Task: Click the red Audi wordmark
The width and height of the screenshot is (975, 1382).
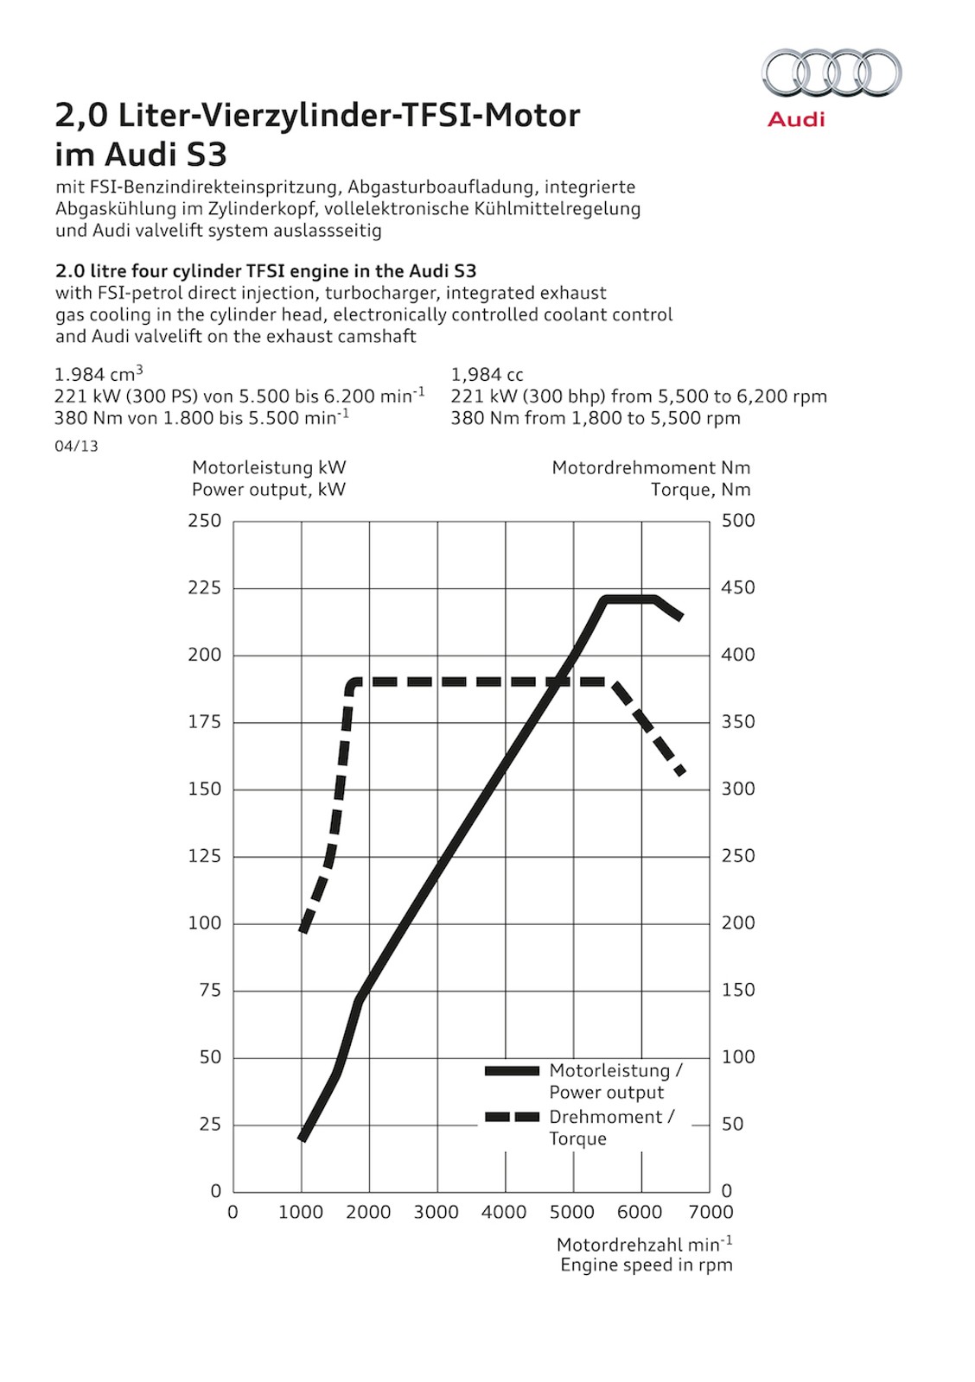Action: (796, 118)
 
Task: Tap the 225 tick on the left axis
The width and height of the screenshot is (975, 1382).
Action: (205, 588)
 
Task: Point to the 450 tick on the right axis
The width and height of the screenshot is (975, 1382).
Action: (738, 588)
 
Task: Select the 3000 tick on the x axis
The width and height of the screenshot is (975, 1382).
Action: (437, 1213)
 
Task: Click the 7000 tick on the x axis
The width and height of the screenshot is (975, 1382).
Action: (710, 1213)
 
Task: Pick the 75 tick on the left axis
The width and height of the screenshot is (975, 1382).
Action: (210, 991)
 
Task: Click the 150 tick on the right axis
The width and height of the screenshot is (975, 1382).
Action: (738, 991)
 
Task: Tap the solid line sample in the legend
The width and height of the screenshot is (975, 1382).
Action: (513, 1071)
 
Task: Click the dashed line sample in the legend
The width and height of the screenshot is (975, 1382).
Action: (513, 1117)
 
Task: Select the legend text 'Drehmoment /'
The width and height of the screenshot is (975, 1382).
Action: (612, 1117)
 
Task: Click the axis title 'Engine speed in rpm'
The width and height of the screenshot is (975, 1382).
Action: (647, 1265)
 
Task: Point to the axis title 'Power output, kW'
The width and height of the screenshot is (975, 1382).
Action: (269, 490)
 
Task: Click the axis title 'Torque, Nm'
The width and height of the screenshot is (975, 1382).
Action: (701, 490)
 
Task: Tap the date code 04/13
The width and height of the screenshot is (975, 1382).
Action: (76, 447)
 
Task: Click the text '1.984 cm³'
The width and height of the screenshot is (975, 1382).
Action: (99, 374)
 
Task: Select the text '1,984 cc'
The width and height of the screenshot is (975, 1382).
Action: (487, 375)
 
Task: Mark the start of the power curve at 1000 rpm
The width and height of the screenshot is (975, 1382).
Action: (302, 1138)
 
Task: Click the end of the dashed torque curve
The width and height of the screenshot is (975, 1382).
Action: (681, 771)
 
